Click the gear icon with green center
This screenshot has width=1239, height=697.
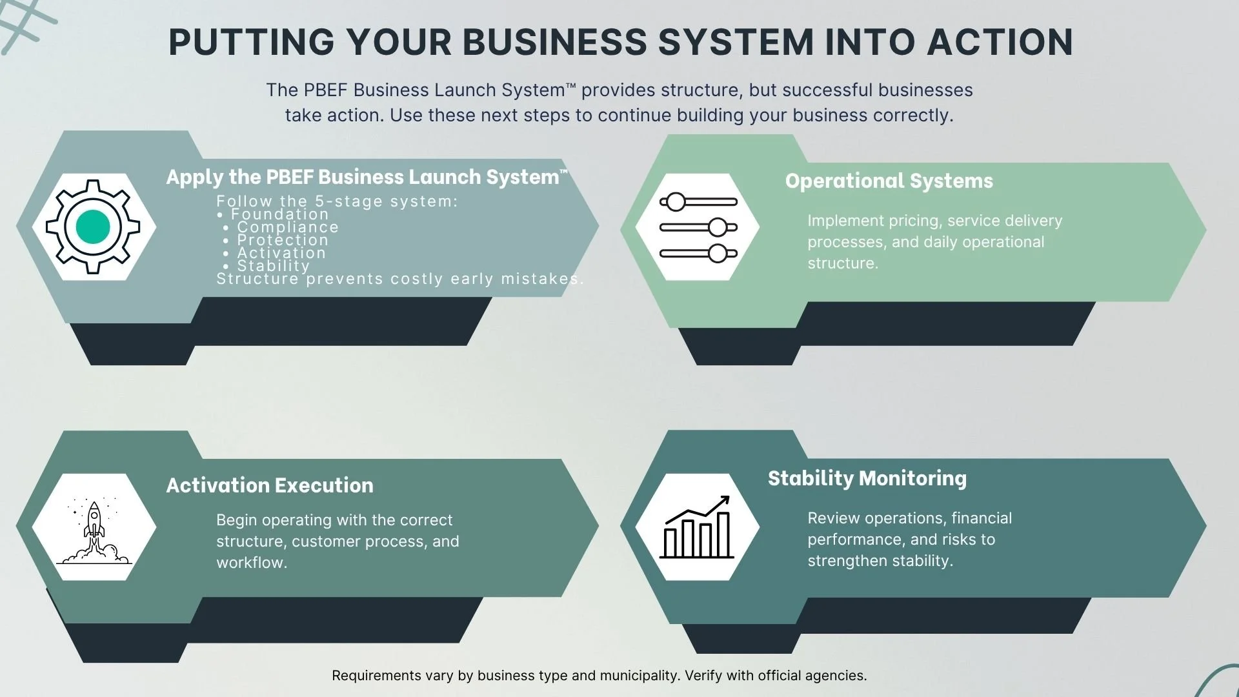pos(93,227)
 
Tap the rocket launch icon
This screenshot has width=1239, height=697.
pos(94,530)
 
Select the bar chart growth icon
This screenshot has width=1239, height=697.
pos(697,528)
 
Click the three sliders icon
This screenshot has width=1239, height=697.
pos(698,227)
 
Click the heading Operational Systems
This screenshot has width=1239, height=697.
pos(889,181)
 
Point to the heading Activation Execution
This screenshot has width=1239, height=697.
pos(270,485)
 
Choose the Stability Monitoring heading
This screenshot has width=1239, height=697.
pos(867,478)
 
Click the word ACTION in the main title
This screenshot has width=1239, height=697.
pos(1000,43)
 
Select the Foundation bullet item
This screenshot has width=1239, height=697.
pos(279,214)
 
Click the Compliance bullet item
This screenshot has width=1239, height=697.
pos(287,227)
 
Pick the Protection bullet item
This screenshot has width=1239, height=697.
pos(283,240)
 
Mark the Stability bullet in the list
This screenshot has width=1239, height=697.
pos(273,266)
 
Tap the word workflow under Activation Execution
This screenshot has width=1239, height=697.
pos(251,563)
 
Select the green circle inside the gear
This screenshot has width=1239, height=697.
pos(93,227)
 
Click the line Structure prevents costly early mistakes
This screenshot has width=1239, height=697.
pos(399,279)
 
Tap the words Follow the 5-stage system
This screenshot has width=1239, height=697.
pos(336,201)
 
